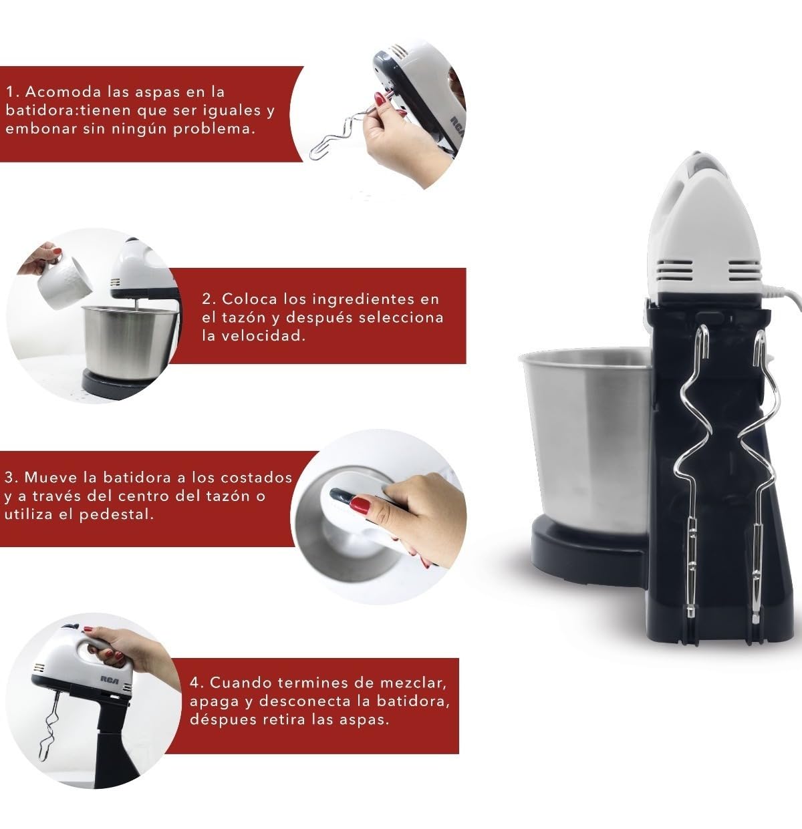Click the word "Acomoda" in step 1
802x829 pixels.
[63, 92]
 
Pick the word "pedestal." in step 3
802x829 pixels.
[116, 514]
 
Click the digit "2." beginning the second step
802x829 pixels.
[209, 299]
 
